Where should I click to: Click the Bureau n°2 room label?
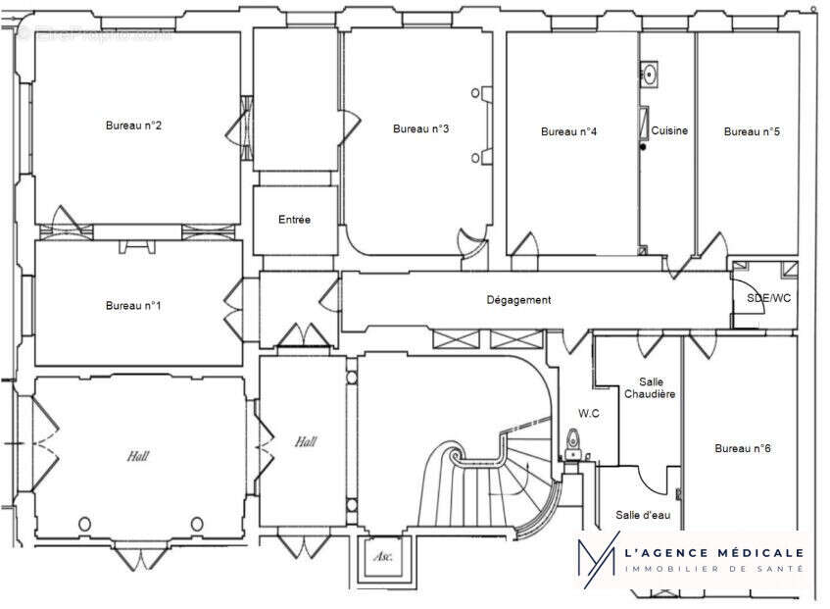(x=133, y=126)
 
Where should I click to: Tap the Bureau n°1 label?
(x=133, y=306)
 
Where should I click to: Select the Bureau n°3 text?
(x=420, y=128)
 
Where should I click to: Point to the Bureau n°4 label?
(x=568, y=131)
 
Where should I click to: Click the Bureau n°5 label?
(x=752, y=131)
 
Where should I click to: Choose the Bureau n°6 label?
(x=742, y=448)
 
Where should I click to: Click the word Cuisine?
(x=669, y=130)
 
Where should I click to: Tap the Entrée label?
(x=294, y=220)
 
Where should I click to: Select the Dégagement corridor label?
(x=518, y=300)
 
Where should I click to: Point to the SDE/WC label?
(x=768, y=297)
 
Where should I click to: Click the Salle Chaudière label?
(x=651, y=387)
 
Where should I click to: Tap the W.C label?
(x=588, y=413)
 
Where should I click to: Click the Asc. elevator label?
(x=381, y=556)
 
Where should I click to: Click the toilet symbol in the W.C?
(x=573, y=443)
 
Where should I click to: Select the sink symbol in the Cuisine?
(x=649, y=72)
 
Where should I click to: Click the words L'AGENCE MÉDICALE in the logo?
(x=713, y=554)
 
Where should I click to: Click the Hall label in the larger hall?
(x=137, y=456)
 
